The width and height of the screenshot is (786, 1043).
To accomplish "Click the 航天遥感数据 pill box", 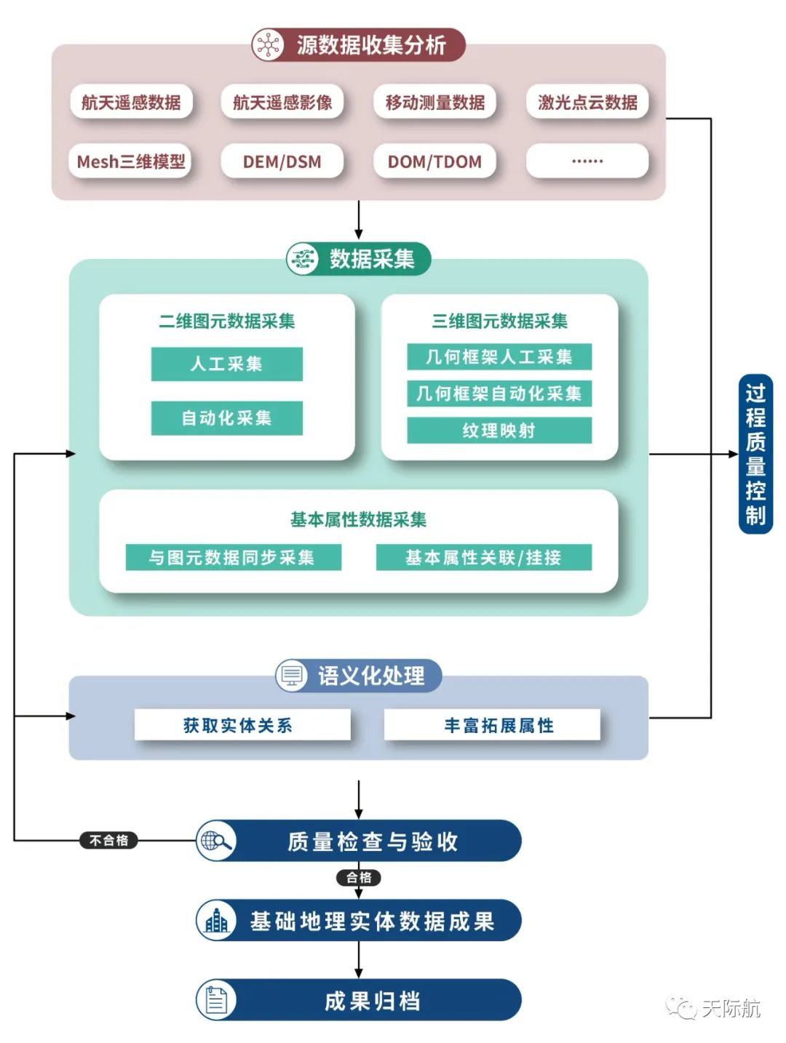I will tap(131, 103).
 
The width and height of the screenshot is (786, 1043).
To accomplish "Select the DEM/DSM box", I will tap(282, 161).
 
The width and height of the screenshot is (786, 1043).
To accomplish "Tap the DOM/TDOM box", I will tap(434, 161).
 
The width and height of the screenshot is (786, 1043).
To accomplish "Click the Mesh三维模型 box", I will tap(131, 161).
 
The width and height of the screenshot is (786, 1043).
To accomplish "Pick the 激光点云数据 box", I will tap(587, 103).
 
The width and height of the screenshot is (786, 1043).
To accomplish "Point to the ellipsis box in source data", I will tap(587, 161).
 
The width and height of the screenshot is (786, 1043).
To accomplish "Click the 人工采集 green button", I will tap(226, 364).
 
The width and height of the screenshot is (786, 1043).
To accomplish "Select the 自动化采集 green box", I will tap(226, 418).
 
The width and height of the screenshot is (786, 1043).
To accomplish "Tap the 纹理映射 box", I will tap(499, 431).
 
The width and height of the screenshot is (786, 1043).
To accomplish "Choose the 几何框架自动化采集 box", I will tap(499, 393).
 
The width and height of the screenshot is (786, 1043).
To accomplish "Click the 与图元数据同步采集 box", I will tap(233, 558).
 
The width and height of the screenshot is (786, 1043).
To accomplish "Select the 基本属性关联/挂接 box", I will tap(483, 558).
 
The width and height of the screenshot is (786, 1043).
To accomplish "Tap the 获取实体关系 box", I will tap(242, 725).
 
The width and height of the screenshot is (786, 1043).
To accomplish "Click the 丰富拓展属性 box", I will tap(492, 725).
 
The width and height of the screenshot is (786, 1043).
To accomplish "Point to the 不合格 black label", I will tap(108, 841).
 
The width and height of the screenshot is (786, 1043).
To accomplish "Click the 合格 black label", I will tap(359, 878).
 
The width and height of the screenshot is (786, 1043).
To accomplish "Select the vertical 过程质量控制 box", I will tap(755, 455).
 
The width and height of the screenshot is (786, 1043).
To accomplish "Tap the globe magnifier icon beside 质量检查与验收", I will tap(216, 841).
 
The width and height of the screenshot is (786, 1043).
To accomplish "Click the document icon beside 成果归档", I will tap(216, 1000).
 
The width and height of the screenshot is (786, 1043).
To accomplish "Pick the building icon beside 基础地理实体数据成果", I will tap(216, 921).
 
